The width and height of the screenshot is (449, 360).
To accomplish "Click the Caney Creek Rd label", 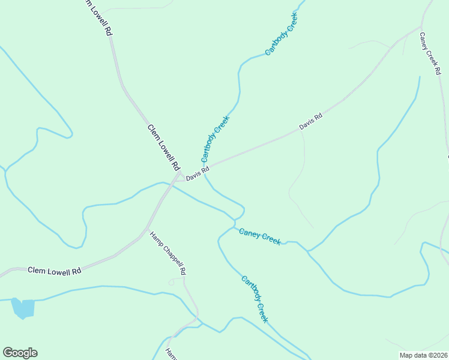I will (x=430, y=53).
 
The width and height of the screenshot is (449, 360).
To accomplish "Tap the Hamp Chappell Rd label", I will (x=169, y=253).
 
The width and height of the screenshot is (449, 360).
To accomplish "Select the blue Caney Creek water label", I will (x=259, y=236).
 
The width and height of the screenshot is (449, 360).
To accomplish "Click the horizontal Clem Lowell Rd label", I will (x=54, y=271).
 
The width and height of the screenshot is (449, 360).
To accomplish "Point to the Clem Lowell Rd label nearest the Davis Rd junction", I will (x=164, y=146).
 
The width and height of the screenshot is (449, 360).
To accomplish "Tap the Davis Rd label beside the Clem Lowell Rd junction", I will (x=197, y=173).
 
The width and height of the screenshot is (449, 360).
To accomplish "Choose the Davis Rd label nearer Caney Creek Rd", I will (x=311, y=121).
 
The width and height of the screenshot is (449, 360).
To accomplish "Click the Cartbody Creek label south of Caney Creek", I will (x=255, y=299).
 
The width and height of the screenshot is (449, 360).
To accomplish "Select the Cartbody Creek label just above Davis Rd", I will (x=215, y=139).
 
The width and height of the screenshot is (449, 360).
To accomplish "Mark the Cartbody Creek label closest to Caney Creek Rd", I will (x=282, y=34).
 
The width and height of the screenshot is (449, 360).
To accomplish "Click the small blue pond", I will (x=23, y=308).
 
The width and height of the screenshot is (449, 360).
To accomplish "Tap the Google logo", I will (x=20, y=353).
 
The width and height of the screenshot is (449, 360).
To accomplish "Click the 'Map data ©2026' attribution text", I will (x=423, y=355).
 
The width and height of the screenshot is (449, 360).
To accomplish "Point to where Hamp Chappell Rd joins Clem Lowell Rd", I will (x=147, y=230).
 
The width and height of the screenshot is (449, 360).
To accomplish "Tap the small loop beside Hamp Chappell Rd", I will (x=173, y=281).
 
